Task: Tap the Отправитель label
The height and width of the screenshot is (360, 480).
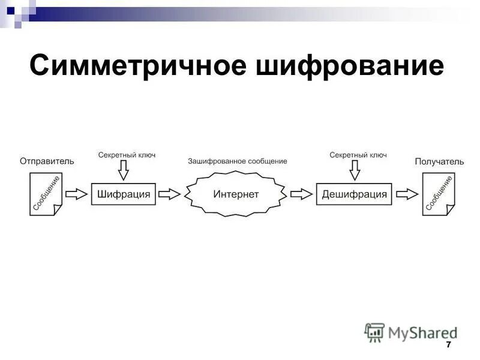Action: (47, 161)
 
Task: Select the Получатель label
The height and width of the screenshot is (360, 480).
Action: (439, 161)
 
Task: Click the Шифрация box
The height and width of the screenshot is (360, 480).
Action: (124, 194)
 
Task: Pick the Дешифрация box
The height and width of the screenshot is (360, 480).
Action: (354, 194)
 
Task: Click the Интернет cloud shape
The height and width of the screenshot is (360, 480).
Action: (236, 194)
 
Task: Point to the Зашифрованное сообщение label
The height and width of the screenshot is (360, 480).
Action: (237, 161)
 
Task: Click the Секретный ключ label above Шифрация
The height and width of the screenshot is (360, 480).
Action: (127, 155)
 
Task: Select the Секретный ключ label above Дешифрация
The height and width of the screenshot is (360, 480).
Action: (358, 155)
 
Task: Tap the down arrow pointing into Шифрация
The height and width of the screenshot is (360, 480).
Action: (123, 170)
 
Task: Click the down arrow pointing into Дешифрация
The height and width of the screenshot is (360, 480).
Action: (355, 170)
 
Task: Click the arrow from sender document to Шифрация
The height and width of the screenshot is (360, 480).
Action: (76, 194)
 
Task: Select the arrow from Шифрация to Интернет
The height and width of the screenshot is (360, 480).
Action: (170, 194)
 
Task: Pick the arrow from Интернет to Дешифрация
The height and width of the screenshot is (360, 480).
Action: (302, 194)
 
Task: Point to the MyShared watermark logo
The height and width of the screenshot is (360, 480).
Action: (410, 332)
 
